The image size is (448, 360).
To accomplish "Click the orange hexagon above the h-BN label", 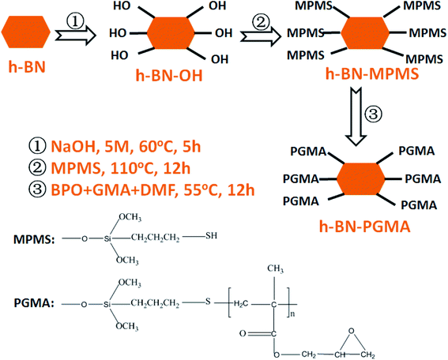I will point(28,34).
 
